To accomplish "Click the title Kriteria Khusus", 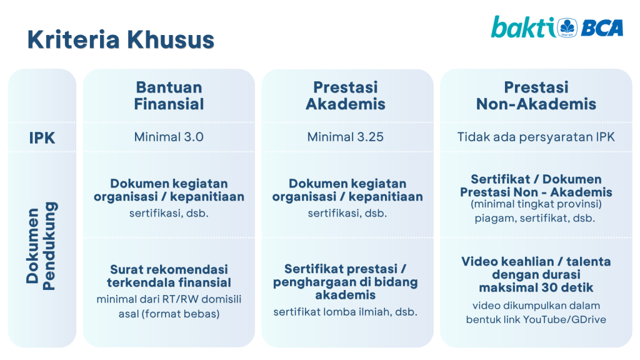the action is [121, 39].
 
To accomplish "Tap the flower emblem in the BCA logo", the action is [567, 27].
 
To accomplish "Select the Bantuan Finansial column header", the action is [169, 96].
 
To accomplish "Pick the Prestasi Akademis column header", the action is [346, 96].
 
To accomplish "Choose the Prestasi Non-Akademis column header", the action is [536, 96].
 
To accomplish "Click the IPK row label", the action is [42, 138].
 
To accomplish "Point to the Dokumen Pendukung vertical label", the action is [41, 246].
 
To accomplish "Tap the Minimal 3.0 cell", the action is [169, 137].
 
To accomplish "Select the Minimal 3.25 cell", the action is [346, 137].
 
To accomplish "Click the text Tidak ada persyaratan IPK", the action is [536, 137].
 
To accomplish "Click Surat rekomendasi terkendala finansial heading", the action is [169, 276].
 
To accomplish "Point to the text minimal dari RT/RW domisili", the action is [169, 299].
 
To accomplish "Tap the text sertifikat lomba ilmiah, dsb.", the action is [345, 312].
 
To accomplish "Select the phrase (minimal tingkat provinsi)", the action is [536, 204].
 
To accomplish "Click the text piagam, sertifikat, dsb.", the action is [535, 218].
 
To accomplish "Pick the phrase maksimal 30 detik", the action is [536, 287].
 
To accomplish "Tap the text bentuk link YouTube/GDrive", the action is [536, 319].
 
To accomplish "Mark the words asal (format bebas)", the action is [169, 314].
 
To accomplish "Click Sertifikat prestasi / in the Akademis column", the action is [345, 269].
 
